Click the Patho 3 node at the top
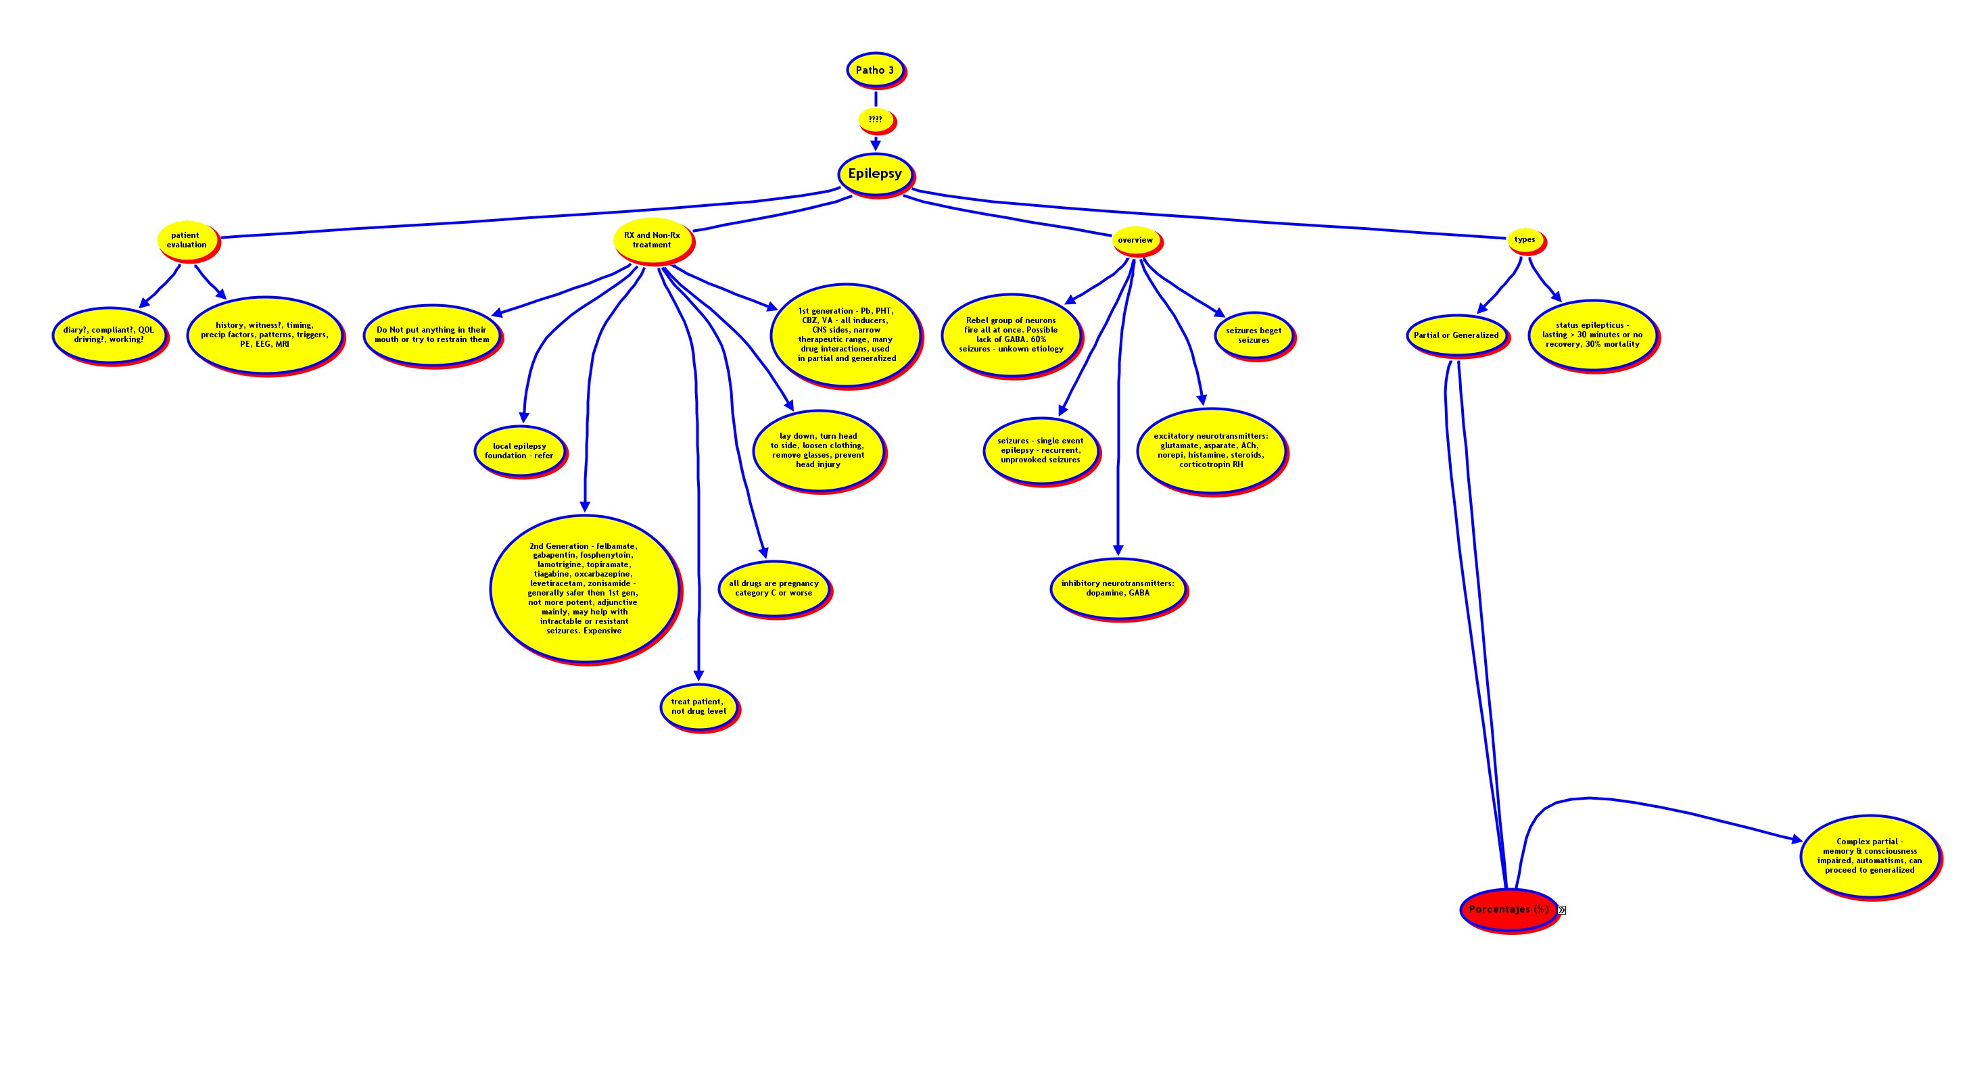(874, 70)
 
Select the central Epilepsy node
(874, 174)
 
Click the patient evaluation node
(187, 240)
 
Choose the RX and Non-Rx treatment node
(652, 240)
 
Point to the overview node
(1135, 240)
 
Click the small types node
(1525, 239)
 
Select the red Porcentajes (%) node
(1508, 909)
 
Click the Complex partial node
(1869, 856)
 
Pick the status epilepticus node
(1592, 335)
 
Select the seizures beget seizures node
(1254, 335)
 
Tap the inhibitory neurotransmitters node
(1117, 588)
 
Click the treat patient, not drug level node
(698, 706)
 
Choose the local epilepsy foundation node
(519, 451)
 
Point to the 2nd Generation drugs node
(583, 588)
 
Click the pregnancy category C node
(774, 588)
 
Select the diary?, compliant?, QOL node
(109, 335)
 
